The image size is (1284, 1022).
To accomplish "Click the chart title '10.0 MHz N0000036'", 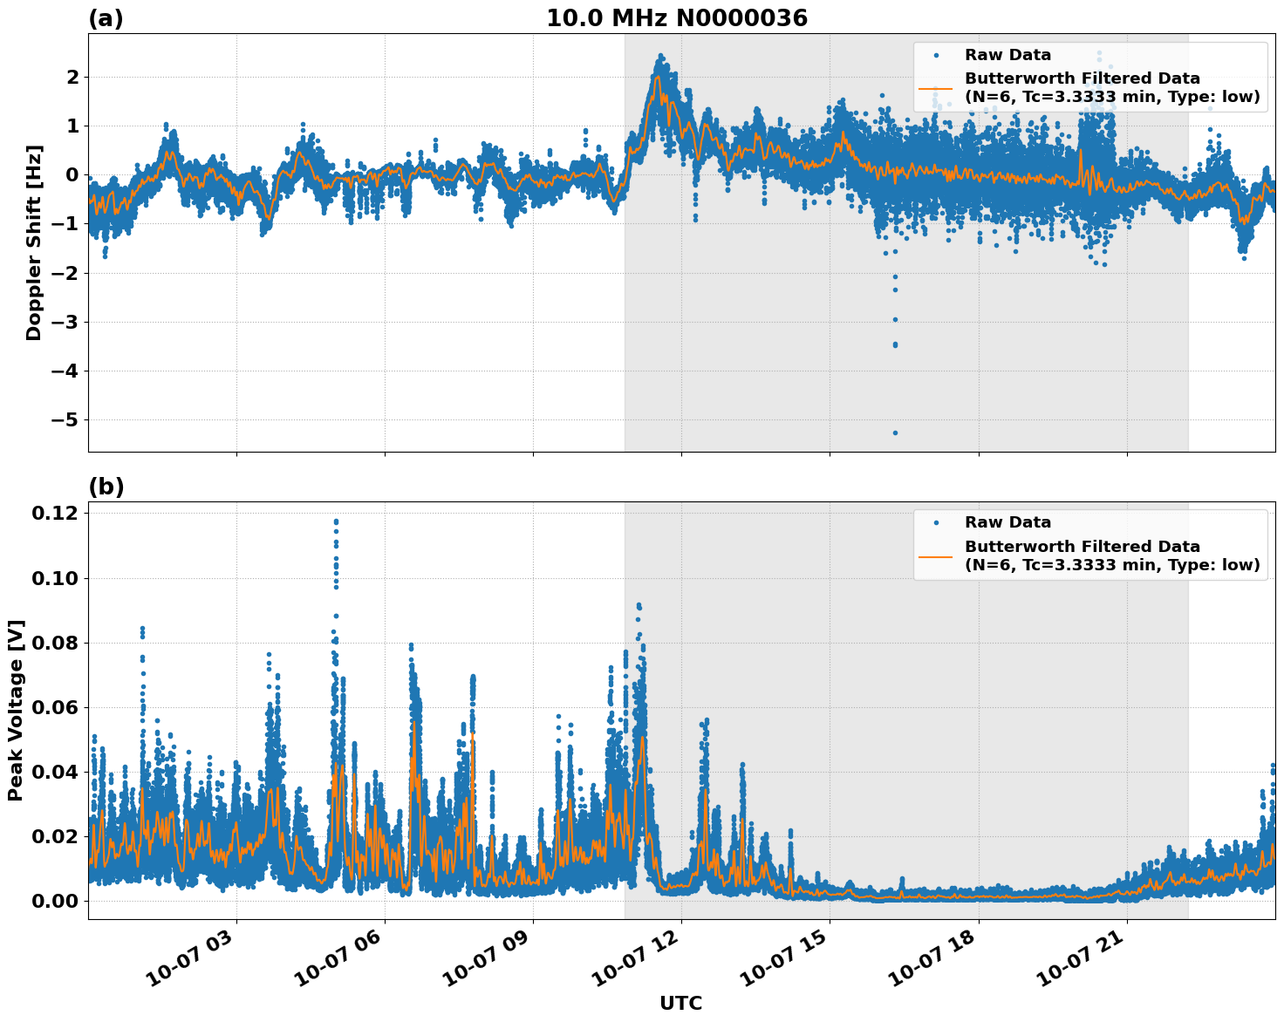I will click(676, 18).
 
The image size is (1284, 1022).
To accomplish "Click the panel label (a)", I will click(106, 18).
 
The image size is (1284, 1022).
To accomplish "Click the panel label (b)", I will click(106, 487).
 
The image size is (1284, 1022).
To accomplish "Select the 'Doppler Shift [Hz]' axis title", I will click(33, 242).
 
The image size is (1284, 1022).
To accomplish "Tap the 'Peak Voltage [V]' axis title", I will click(16, 710).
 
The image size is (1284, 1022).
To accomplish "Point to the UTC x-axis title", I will click(680, 1003).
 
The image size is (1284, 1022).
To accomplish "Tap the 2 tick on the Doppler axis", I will click(72, 78).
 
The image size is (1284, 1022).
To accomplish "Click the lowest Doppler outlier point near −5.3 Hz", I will click(895, 433).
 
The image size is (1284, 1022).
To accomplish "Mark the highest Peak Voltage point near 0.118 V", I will click(336, 521).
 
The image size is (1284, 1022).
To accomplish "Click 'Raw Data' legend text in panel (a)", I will click(1007, 55).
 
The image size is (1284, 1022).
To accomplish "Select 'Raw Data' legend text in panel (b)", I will click(1007, 522).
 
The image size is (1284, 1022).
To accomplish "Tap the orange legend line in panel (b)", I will click(936, 556).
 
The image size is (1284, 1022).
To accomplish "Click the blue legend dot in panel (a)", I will click(936, 55).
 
